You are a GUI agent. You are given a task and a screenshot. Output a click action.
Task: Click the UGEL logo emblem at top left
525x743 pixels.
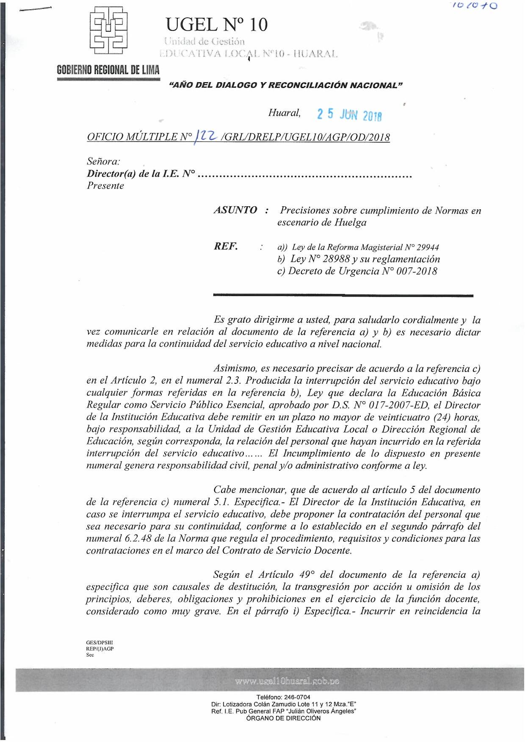pyautogui.click(x=109, y=30)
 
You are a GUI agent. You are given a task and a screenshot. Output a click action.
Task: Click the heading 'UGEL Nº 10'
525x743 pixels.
pyautogui.click(x=217, y=25)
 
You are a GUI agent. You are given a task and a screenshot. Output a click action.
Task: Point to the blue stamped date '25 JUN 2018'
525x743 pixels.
pyautogui.click(x=350, y=115)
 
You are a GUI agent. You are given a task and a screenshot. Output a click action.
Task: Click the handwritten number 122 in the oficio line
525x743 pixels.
pyautogui.click(x=207, y=136)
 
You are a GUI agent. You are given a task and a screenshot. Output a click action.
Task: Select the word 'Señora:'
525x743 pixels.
pyautogui.click(x=103, y=161)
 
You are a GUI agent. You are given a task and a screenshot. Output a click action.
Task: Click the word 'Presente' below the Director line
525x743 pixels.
pyautogui.click(x=105, y=186)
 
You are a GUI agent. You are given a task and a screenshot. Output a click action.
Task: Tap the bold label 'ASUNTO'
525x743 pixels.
pyautogui.click(x=235, y=210)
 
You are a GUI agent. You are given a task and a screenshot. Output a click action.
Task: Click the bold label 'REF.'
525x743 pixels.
pyautogui.click(x=226, y=247)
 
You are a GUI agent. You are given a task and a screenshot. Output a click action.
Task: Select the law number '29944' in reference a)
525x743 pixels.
pyautogui.click(x=428, y=247)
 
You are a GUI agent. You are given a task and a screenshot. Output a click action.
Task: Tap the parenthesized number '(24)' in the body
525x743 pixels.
pyautogui.click(x=443, y=417)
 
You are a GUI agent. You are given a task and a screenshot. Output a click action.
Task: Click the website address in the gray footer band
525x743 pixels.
pyautogui.click(x=287, y=682)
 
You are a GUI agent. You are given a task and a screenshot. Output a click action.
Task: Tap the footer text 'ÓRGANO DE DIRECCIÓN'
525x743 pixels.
pyautogui.click(x=283, y=718)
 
